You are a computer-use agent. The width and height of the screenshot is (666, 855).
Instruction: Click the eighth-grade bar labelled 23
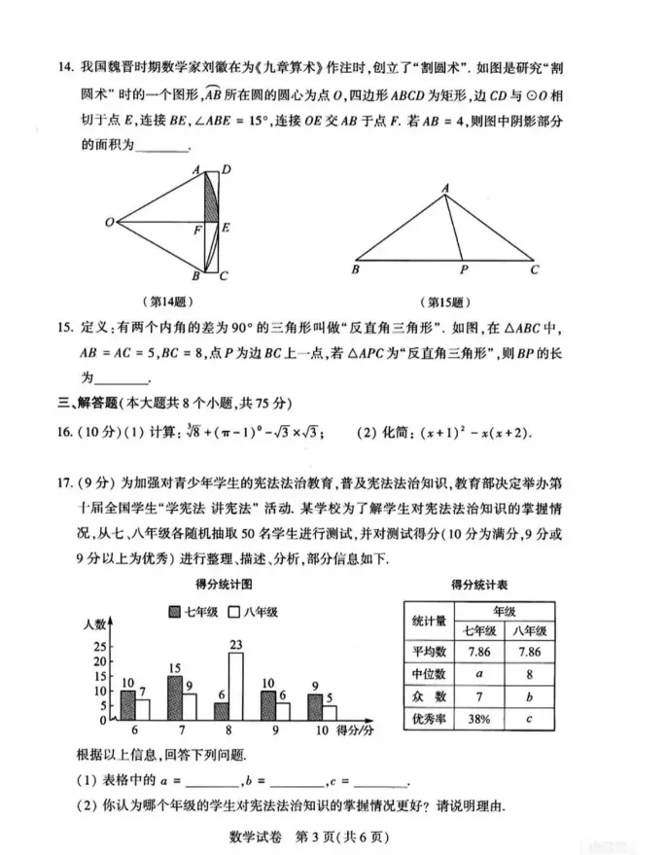235,686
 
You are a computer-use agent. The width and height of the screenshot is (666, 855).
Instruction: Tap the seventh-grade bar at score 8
221,711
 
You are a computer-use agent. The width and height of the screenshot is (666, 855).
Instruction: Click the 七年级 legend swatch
174,612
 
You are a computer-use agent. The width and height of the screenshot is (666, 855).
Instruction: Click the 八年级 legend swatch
234,612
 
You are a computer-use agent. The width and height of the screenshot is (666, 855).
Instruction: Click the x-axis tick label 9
274,730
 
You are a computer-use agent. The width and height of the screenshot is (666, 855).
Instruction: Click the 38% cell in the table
476,719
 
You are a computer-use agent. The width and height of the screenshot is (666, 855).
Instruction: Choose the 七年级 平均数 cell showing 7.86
476,652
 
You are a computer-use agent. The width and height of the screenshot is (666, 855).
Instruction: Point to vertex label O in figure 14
110,224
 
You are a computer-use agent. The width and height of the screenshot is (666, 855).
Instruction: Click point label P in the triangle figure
464,269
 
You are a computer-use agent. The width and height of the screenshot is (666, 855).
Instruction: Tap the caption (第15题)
442,302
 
